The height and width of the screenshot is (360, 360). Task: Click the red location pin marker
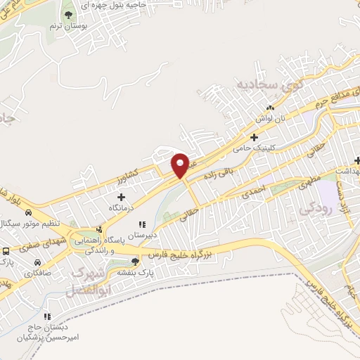(x=180, y=165)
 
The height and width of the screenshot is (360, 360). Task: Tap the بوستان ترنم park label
(x=67, y=26)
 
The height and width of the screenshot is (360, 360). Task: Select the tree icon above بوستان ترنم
(x=67, y=14)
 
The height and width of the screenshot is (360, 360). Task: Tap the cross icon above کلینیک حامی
(x=255, y=136)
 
